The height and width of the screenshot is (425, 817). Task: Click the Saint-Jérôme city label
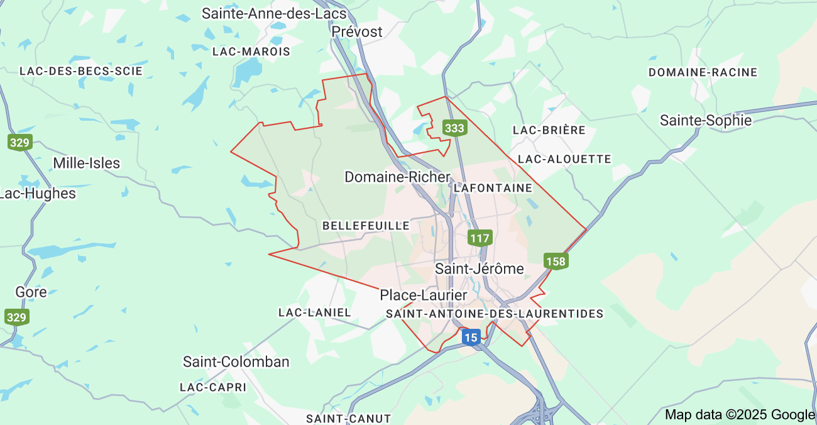[x=480, y=269]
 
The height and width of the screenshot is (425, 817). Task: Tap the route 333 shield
[x=454, y=128]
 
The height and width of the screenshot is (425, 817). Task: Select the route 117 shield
[x=480, y=238]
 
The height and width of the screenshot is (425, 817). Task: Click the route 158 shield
[x=556, y=261]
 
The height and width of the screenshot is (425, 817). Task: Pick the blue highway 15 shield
[x=471, y=338]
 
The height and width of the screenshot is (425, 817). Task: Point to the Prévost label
[x=357, y=31]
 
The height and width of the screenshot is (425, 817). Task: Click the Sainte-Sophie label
[x=705, y=120]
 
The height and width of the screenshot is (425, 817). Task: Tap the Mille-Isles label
[x=86, y=163]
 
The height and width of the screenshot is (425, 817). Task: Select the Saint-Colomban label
[x=236, y=362]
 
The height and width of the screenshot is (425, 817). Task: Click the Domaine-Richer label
[x=397, y=177]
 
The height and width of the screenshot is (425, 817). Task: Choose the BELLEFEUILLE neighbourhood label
[x=366, y=225]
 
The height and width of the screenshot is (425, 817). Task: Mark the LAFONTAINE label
[x=493, y=188]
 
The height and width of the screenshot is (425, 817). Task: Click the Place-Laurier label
[x=424, y=295]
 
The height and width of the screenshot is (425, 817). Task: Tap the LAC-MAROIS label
[x=251, y=52]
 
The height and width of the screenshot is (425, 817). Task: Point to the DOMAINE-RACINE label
[x=703, y=72]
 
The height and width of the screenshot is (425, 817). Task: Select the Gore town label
[x=31, y=292]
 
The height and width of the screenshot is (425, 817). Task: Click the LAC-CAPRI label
[x=213, y=387]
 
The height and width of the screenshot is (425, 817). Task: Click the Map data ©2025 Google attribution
[x=740, y=414]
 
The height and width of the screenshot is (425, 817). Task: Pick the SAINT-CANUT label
[x=348, y=418]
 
